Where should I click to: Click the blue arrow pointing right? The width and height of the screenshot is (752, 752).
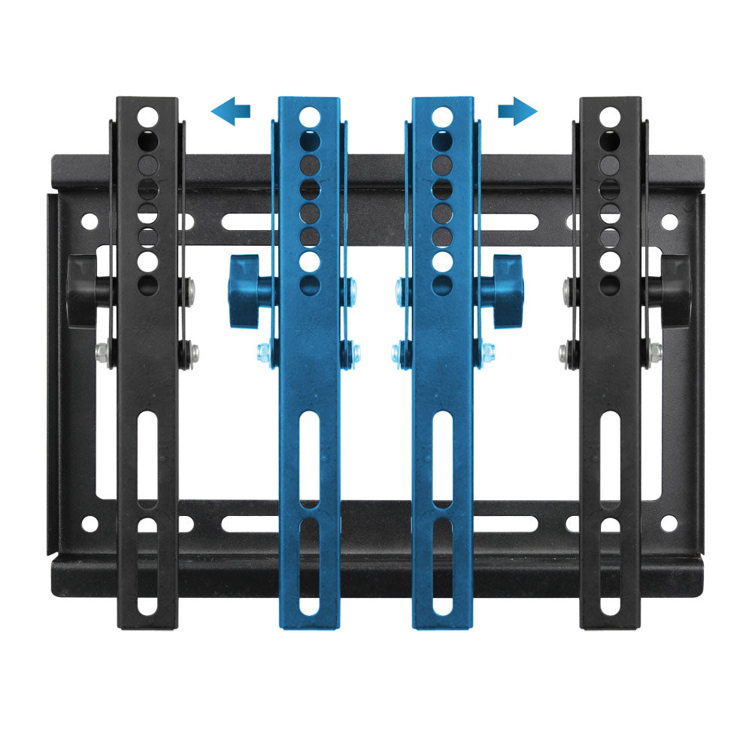coord(518,112)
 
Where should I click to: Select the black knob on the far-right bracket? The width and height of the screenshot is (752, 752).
coord(675,290)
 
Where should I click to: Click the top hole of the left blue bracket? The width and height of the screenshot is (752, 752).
coord(309,117)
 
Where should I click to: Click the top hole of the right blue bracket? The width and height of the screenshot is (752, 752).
coord(443,117)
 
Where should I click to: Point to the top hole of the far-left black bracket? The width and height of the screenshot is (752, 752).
coord(148,117)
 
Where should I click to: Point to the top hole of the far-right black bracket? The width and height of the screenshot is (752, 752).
coord(610,117)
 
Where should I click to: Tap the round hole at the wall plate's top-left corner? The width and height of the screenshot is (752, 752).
coord(89,222)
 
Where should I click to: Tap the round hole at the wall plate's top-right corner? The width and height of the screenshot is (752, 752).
coord(668,222)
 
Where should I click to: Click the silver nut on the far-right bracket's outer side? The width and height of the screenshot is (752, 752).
coord(656,350)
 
